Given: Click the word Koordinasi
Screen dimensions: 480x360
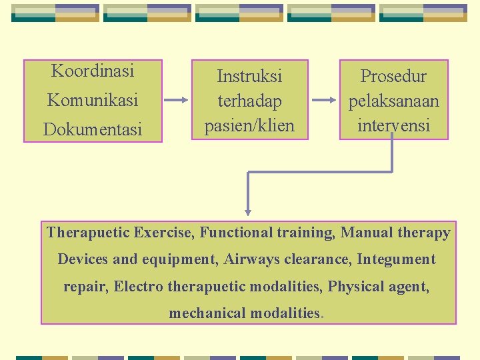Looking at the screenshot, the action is (x=93, y=71).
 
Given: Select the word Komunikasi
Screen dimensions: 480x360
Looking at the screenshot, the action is (x=93, y=101).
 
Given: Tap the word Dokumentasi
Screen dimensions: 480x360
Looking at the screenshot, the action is (x=93, y=129).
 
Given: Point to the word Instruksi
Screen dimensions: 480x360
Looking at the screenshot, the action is (x=249, y=76).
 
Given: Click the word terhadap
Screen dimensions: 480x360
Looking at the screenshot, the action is (x=249, y=101).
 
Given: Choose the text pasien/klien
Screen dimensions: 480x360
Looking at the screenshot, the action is (x=249, y=125).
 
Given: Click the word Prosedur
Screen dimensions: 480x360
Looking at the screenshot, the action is (x=393, y=76).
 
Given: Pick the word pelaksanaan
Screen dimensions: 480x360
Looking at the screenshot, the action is (x=393, y=101).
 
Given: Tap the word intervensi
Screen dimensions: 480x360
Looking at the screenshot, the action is (x=393, y=125).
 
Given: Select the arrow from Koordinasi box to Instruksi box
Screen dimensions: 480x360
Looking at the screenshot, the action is (x=177, y=101).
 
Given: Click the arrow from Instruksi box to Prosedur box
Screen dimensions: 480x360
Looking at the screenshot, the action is (x=325, y=101).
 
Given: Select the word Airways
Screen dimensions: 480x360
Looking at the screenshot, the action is (x=251, y=259).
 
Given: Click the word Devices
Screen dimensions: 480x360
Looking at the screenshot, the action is (x=82, y=259).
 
